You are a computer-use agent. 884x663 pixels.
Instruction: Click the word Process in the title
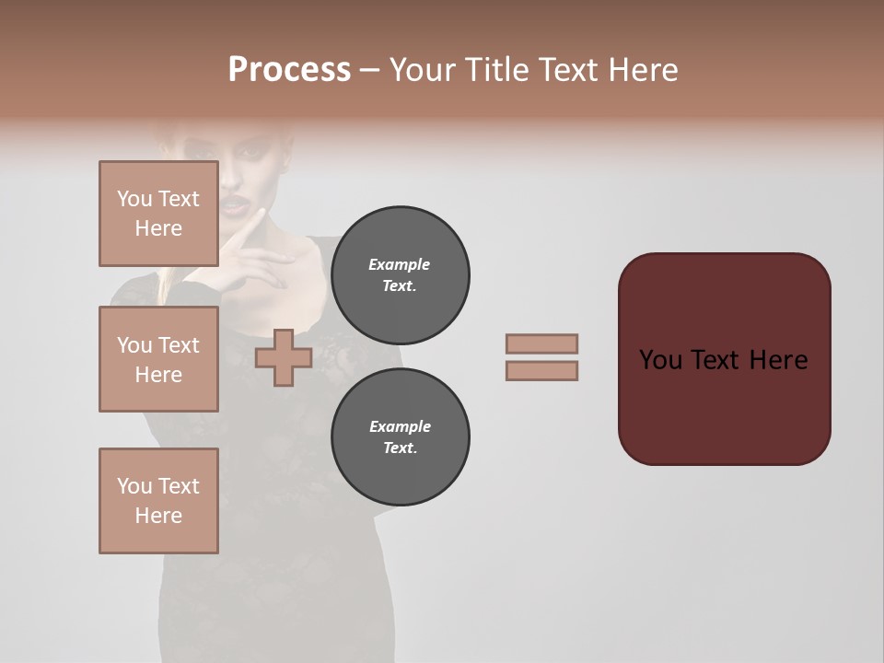tap(289, 70)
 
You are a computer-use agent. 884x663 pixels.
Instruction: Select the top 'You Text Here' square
tap(158, 214)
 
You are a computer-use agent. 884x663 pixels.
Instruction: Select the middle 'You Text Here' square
tap(158, 359)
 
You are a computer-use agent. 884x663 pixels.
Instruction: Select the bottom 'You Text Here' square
tap(158, 500)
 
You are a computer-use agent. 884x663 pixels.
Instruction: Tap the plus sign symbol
tap(284, 358)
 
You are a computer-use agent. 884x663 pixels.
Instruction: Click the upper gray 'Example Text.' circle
tap(400, 275)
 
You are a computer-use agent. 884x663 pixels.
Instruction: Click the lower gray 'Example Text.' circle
tap(400, 437)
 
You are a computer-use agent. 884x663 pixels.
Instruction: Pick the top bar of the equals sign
tap(541, 343)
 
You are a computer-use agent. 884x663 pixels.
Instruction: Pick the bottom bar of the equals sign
tap(541, 370)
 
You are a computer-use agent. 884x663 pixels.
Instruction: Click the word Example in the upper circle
tap(400, 265)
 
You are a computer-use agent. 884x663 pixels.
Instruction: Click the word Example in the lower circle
tap(400, 427)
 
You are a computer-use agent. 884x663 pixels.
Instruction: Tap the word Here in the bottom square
tap(158, 516)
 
